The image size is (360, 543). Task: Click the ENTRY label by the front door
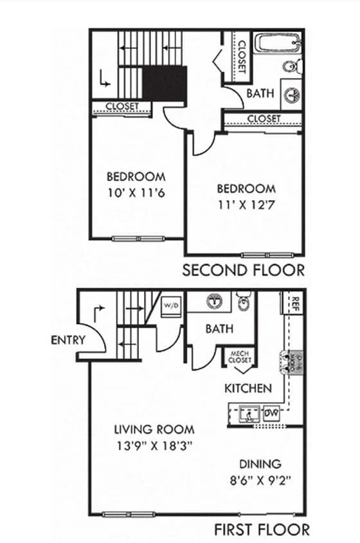(67, 340)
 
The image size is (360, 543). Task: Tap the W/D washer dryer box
(171, 304)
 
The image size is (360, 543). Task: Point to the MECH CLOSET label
(240, 356)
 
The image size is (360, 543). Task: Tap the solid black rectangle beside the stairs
(164, 82)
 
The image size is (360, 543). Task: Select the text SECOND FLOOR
(243, 270)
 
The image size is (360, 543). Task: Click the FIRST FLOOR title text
(262, 529)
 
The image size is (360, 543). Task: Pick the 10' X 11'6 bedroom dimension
(136, 192)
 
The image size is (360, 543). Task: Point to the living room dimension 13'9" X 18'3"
(154, 445)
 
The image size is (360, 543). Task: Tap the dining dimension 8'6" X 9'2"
(260, 479)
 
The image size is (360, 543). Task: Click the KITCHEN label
(248, 389)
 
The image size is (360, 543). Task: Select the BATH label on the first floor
(219, 329)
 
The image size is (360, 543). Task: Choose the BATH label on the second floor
(260, 93)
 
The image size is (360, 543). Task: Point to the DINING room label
(260, 463)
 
